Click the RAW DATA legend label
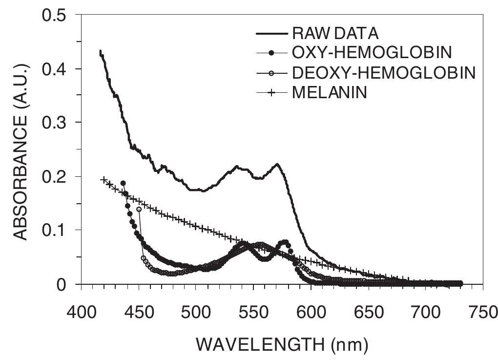click(x=335, y=34)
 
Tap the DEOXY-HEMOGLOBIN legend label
click(x=383, y=73)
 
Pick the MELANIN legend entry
click(x=329, y=92)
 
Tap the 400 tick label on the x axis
click(x=80, y=310)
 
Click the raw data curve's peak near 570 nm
click(x=277, y=164)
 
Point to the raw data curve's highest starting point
click(x=100, y=51)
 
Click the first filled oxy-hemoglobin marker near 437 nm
click(x=123, y=183)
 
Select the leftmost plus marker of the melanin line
click(x=104, y=180)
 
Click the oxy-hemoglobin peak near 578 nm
click(x=285, y=242)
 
